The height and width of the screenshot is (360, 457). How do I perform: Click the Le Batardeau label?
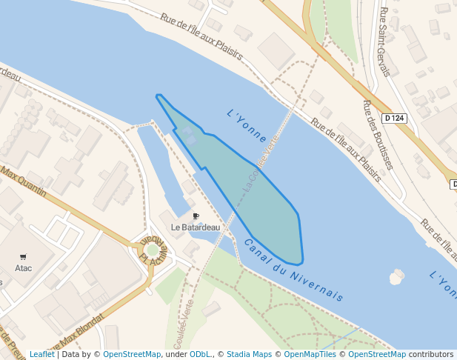click(x=196, y=227)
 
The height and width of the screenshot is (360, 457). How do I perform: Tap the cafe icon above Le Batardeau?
click(x=196, y=216)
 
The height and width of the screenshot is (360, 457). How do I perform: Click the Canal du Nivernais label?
click(x=293, y=270)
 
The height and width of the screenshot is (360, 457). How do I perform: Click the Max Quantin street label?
click(x=24, y=182)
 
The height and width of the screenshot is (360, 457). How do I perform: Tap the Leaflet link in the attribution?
click(x=41, y=354)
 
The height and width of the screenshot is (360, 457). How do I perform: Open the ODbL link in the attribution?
click(x=200, y=354)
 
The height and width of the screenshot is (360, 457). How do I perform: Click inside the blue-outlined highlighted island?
click(x=259, y=200)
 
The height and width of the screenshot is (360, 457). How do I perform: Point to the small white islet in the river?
click(x=396, y=277)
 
